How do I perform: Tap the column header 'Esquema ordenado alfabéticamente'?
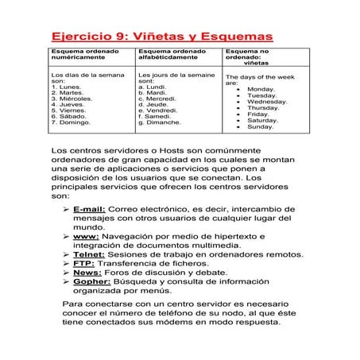171,56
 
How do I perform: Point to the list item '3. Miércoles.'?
72,99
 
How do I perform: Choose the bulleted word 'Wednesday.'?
266,102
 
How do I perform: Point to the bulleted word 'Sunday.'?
260,126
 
